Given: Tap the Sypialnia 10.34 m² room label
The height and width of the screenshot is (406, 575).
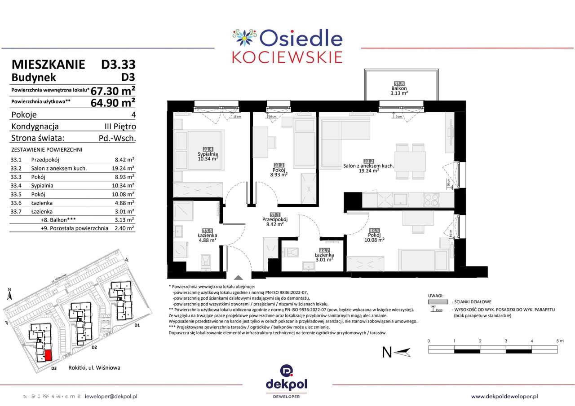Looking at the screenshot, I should [207, 155].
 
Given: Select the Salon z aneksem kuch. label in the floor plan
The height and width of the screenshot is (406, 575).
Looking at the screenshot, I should [368, 166].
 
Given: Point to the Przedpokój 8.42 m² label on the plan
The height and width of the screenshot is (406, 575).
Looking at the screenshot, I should [274, 222].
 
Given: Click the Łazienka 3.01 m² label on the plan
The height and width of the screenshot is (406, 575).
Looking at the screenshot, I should [323, 256].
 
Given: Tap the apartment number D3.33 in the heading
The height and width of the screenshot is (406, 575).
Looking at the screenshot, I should [118, 64].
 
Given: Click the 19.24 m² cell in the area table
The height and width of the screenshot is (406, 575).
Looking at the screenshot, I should [124, 168].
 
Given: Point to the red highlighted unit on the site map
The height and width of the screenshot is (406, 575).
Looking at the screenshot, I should [48, 355].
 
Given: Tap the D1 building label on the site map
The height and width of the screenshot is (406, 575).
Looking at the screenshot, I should [137, 325].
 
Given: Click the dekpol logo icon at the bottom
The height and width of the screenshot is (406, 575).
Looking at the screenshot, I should [287, 371].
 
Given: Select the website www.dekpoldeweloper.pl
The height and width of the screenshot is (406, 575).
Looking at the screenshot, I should [504, 396].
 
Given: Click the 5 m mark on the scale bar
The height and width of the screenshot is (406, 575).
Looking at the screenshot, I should [559, 341].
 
